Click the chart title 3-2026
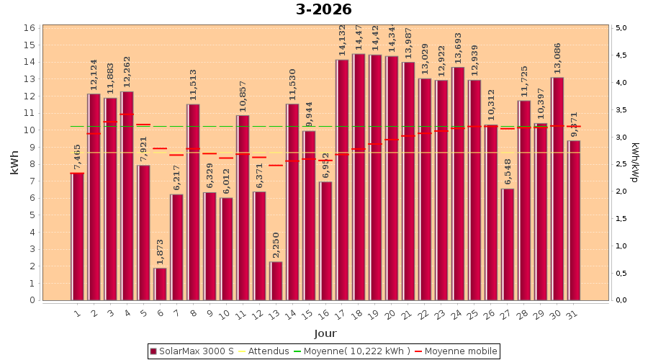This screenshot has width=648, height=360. coord(324,9)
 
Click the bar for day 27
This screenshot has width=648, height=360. coord(508,244)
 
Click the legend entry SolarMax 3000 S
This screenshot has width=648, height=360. coord(191,351)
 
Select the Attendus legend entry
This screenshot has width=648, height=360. coord(263,351)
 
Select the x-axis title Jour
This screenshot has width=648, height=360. coord(325,333)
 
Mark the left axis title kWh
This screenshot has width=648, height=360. coord(14,163)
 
